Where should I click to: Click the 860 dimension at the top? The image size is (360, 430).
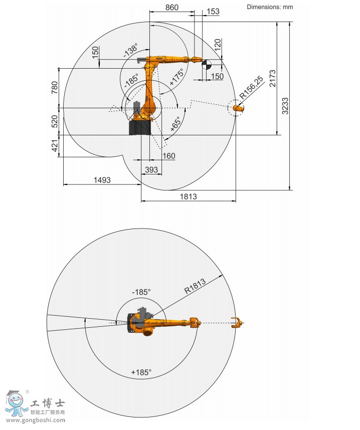click(172, 8)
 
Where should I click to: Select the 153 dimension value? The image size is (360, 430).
click(213, 11)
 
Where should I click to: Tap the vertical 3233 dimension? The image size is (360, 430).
click(285, 106)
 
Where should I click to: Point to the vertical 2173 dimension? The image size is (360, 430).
click(272, 78)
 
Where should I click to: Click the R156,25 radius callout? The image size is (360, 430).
click(251, 87)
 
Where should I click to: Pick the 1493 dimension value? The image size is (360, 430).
click(102, 180)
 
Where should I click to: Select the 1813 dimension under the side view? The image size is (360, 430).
click(188, 196)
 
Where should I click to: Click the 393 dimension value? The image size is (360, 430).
click(151, 170)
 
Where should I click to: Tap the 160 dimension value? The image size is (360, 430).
click(168, 156)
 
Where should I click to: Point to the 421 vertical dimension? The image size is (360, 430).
click(55, 146)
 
